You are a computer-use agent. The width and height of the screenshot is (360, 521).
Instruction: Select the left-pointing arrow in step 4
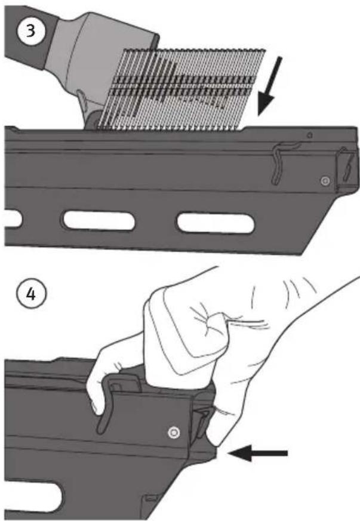click(258, 453)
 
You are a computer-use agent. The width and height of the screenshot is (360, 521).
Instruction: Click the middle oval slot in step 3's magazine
click(99, 220)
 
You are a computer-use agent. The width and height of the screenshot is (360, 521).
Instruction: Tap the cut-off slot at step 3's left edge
click(13, 217)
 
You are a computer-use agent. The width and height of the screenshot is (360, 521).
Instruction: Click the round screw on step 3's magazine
click(325, 181)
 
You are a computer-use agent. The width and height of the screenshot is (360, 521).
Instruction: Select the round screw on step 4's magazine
click(174, 432)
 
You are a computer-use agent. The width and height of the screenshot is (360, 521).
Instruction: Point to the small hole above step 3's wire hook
click(309, 135)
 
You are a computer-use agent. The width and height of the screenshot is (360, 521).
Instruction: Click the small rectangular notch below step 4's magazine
click(151, 498)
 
